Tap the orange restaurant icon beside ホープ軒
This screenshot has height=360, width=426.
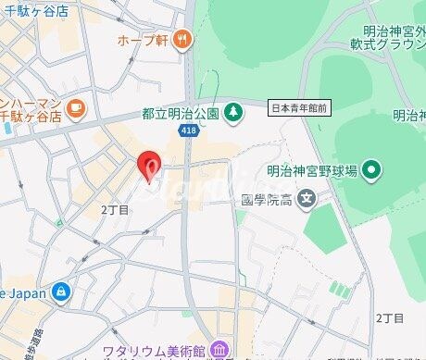183,39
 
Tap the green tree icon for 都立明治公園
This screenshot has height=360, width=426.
235,111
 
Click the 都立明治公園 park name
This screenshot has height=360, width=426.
180,113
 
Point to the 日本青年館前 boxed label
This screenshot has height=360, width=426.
299,108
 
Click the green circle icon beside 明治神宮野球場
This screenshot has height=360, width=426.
371,168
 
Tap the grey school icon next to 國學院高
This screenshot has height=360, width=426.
308,198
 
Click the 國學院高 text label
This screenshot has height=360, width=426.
267,199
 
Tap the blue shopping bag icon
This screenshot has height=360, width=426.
61,291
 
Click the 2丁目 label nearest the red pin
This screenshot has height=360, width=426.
115,210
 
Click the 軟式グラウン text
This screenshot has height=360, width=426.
385,41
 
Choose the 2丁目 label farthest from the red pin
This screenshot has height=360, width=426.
390,317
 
